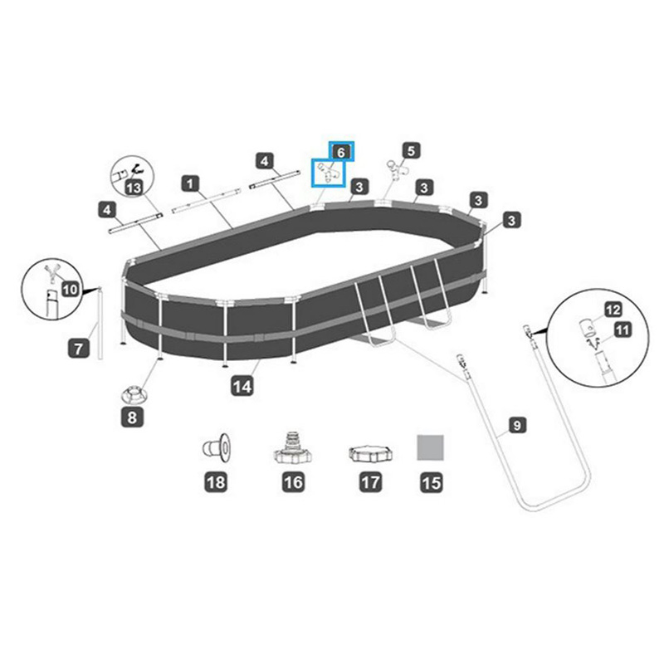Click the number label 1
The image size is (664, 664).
click(x=192, y=182)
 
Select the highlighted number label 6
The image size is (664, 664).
click(x=341, y=152)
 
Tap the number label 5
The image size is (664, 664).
click(x=411, y=151)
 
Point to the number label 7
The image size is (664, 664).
click(x=77, y=349)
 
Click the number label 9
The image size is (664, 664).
click(x=516, y=426)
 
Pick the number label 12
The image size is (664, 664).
click(x=613, y=309)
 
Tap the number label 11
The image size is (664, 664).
click(x=622, y=330)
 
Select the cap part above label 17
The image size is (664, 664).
click(x=365, y=452)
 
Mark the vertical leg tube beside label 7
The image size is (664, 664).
click(x=100, y=324)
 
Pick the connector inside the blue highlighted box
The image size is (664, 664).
click(x=329, y=174)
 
